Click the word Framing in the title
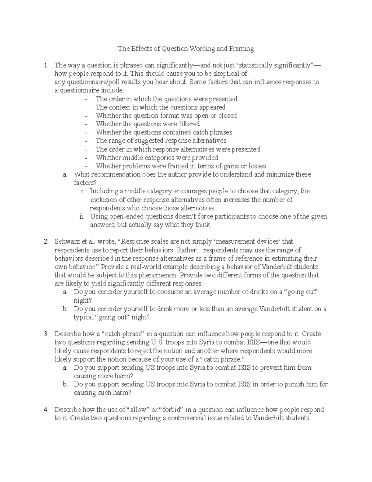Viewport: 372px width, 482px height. tap(241, 48)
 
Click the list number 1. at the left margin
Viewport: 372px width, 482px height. tap(46, 65)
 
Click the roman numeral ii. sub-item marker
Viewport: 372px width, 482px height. tap(82, 217)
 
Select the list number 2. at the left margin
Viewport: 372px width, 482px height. tap(46, 241)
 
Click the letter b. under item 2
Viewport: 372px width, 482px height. tap(65, 309)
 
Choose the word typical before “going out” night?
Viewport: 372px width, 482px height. tap(84, 317)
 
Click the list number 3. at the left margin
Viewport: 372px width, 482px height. tap(46, 334)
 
